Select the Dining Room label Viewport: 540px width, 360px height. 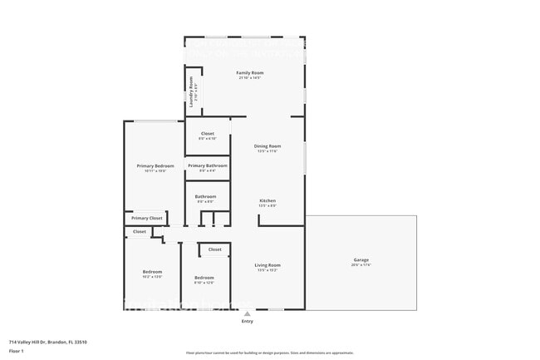click(268, 146)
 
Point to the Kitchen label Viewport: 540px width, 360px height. click(268, 200)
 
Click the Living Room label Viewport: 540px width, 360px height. click(268, 265)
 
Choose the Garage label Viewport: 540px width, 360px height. click(361, 260)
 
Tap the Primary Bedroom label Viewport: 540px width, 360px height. click(155, 165)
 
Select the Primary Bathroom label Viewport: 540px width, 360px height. click(208, 165)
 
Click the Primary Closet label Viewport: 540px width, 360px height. click(146, 218)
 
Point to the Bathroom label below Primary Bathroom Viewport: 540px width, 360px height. click(205, 197)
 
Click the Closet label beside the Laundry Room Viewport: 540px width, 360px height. click(208, 133)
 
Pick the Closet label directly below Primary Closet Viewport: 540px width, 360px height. click(139, 231)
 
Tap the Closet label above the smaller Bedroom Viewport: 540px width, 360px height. click(214, 249)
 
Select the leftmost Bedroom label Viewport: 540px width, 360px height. click(152, 272)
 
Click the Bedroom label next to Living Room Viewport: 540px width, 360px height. click(204, 278)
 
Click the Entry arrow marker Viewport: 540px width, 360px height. click(247, 313)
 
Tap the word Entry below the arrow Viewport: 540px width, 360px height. click(247, 321)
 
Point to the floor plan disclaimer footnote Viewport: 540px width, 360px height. click(269, 353)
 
